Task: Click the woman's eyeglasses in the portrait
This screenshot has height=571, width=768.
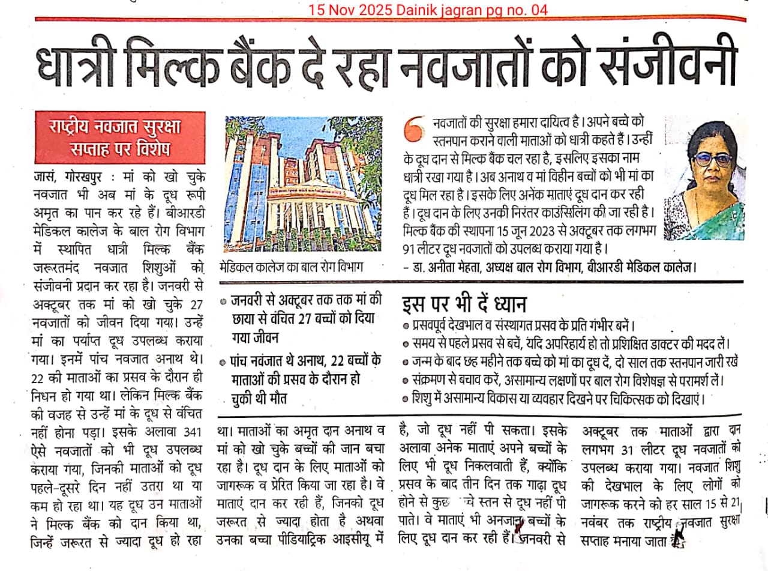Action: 712,160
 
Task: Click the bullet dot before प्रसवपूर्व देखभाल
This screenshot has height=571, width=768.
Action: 406,326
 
